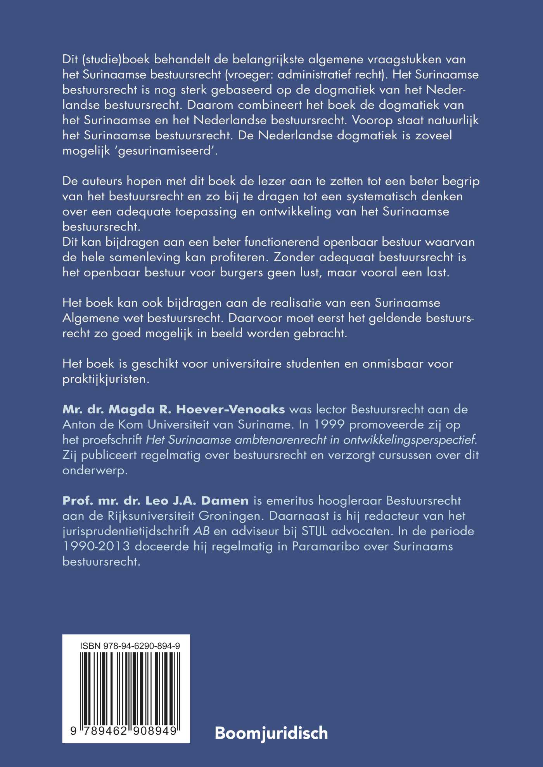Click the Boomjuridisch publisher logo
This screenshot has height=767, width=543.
click(x=271, y=733)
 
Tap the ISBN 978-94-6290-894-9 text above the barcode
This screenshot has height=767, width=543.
click(x=130, y=646)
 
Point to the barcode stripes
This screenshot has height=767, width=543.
click(x=130, y=687)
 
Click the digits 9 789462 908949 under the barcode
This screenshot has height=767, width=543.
click(x=124, y=731)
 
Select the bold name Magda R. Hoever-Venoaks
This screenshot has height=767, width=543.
click(x=174, y=409)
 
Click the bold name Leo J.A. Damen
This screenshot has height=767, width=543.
click(x=197, y=501)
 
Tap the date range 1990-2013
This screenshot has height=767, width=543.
click(x=96, y=546)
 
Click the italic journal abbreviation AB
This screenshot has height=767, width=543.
click(x=201, y=531)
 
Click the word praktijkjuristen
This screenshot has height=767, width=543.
click(x=106, y=379)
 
